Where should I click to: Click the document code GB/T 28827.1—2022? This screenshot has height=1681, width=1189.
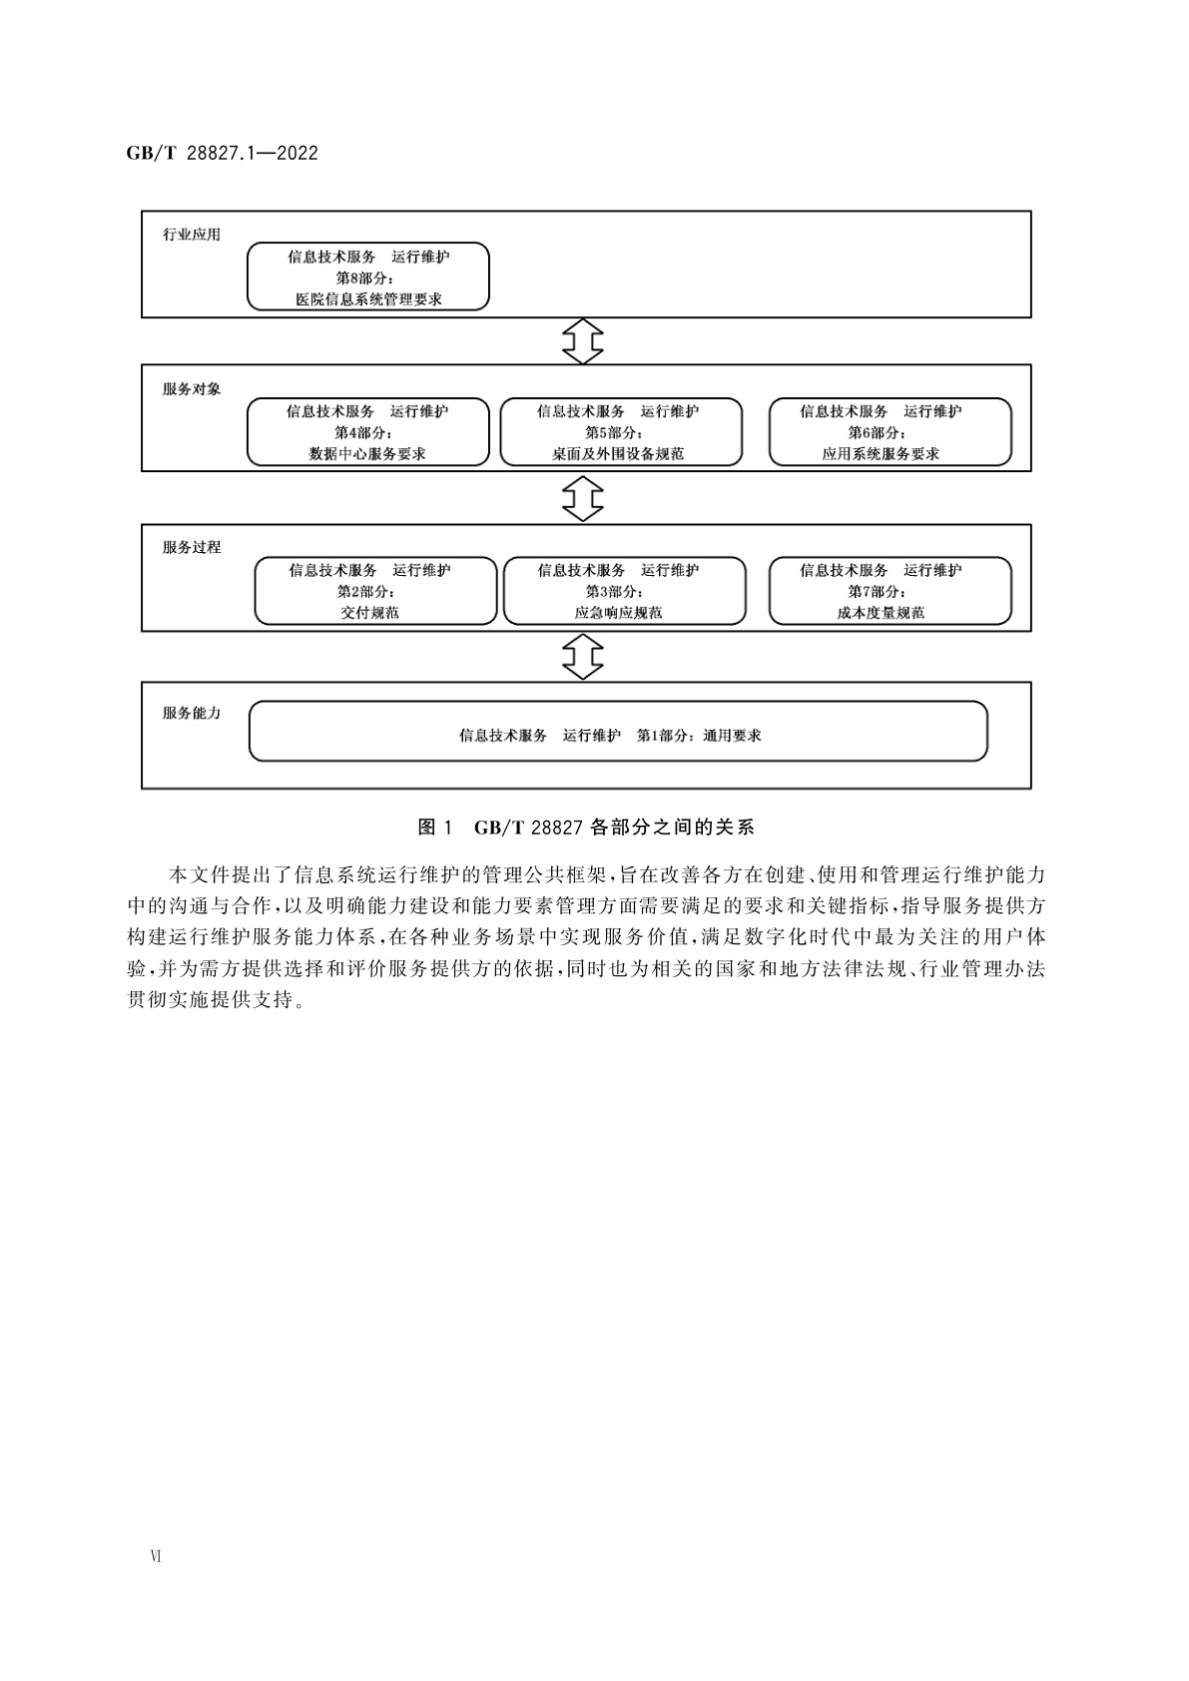tap(222, 153)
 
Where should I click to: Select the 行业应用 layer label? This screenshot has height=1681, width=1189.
tap(192, 235)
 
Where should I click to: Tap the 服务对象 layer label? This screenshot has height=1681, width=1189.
tap(192, 389)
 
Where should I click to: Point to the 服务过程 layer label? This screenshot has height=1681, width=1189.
tap(192, 547)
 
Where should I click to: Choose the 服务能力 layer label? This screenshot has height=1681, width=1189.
tap(192, 713)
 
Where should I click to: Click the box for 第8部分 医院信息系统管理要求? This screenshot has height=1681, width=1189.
tap(368, 277)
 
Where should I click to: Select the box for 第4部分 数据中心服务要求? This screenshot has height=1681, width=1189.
tap(368, 432)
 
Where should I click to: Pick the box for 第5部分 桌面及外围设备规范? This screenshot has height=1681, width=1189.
tap(620, 432)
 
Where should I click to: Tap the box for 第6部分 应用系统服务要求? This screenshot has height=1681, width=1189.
tap(890, 432)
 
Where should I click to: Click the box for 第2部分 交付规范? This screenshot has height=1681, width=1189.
tap(375, 591)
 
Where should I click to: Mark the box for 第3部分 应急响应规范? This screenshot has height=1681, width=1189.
tap(624, 591)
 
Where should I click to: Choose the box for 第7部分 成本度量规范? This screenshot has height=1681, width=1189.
tap(890, 591)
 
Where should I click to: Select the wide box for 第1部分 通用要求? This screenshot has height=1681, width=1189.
tap(617, 732)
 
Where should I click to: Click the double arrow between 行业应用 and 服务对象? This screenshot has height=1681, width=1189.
tap(583, 341)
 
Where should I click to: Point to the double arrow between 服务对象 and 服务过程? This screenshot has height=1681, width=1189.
tap(583, 497)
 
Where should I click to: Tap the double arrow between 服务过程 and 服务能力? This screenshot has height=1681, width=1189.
tap(583, 656)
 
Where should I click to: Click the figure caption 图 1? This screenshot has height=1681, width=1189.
tap(435, 827)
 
